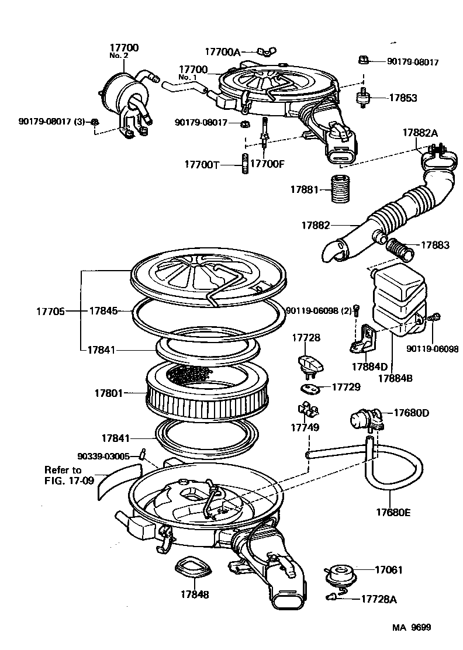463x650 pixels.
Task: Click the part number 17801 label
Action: (108, 393)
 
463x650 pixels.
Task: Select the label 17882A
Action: (419, 133)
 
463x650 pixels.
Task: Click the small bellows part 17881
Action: (339, 189)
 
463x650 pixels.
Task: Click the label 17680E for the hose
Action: (392, 513)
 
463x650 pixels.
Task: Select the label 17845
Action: (103, 312)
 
